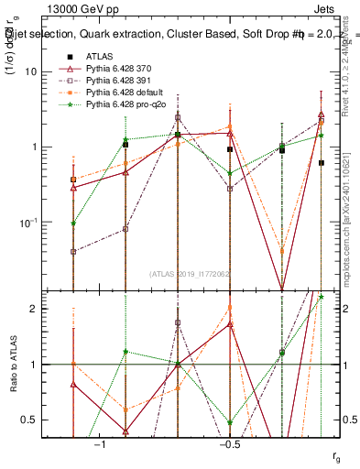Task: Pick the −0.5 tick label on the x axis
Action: (x=229, y=444)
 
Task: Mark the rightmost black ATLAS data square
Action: (x=322, y=163)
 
